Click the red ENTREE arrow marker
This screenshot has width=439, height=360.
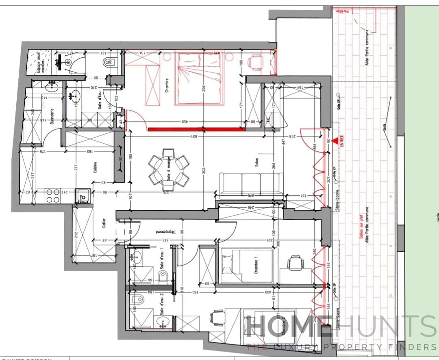click(334, 141)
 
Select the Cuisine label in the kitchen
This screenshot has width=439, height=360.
click(95, 168)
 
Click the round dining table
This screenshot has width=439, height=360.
click(169, 171)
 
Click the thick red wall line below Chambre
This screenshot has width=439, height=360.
click(196, 129)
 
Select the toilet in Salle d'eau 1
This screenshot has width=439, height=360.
click(163, 278)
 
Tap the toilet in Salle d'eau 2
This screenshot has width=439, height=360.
click(139, 299)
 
